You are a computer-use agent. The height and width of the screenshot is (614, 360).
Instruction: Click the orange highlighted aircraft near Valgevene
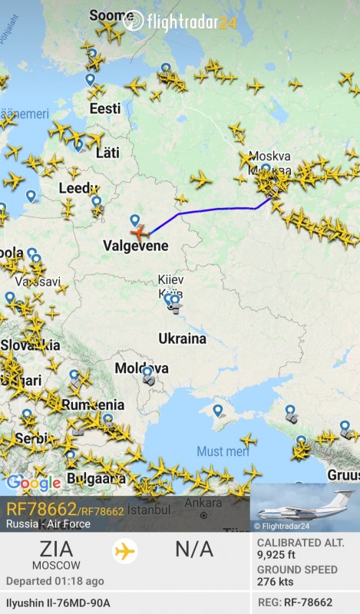click(139, 231)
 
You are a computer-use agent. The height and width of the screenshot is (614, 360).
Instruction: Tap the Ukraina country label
click(182, 338)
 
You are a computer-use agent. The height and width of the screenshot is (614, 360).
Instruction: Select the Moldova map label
click(141, 368)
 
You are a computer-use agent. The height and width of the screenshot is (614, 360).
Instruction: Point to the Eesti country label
click(105, 109)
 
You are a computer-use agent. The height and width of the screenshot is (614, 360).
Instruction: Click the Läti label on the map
click(107, 153)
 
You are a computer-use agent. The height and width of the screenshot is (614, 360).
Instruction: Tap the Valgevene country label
click(135, 246)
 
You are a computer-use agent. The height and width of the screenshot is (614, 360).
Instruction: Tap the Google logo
click(33, 483)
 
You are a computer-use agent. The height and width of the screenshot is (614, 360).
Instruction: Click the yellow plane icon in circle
click(124, 551)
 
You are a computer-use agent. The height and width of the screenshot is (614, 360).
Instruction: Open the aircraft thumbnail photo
click(305, 507)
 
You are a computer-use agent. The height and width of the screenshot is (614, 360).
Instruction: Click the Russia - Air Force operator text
click(48, 524)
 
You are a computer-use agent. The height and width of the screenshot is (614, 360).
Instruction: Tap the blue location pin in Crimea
click(218, 411)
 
